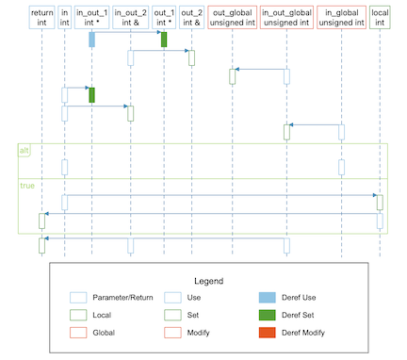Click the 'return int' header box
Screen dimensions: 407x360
coord(41,17)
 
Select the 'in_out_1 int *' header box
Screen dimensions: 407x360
coord(91,17)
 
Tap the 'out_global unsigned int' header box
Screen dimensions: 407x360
coord(233,17)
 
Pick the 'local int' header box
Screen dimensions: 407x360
coord(380,17)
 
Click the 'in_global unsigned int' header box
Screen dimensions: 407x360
coord(341,17)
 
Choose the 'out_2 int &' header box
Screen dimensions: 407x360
coord(191,17)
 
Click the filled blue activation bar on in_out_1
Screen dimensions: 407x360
coord(91,40)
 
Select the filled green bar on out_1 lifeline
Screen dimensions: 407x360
coord(164,40)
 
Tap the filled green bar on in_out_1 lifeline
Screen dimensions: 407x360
coord(91,95)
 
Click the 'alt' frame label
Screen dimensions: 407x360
coord(24,151)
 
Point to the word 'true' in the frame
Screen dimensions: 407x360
coord(27,186)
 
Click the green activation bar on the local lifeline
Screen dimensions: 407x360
coord(380,203)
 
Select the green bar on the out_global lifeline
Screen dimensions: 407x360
coord(233,76)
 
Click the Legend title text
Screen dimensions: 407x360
coord(209,281)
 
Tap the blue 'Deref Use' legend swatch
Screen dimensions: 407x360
coord(268,298)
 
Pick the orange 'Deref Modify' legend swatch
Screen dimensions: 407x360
coord(268,333)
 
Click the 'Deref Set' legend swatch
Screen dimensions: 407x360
coord(268,315)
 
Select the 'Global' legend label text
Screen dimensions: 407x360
coord(104,333)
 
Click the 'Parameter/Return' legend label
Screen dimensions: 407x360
coord(122,298)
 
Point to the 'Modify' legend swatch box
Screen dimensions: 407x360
coord(172,333)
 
